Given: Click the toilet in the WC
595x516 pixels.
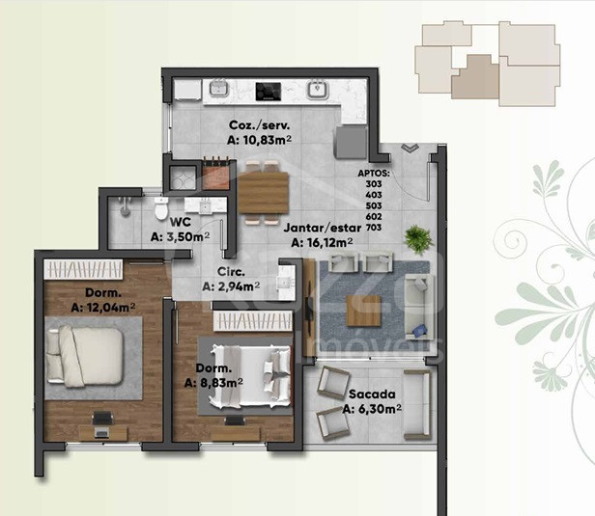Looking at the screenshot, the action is (x=161, y=207).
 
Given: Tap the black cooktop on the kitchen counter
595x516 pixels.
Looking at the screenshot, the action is (x=269, y=92).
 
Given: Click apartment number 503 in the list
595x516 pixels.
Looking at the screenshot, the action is (x=374, y=205).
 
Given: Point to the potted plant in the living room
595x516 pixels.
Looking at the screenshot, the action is (x=418, y=239).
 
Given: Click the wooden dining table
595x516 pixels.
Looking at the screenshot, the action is (x=264, y=192).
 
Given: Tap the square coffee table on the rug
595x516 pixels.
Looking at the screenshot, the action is (x=363, y=311).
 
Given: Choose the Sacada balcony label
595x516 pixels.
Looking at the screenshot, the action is (x=372, y=394).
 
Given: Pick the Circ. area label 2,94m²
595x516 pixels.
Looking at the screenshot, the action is (x=231, y=286).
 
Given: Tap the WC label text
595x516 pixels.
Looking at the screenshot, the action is (x=181, y=222).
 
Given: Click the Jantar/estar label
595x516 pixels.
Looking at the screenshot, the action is (x=323, y=228).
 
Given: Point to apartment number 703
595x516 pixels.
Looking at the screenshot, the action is (x=374, y=228).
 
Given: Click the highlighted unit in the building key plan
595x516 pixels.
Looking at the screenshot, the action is (x=475, y=77).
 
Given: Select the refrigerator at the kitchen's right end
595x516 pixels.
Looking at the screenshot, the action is (x=351, y=142).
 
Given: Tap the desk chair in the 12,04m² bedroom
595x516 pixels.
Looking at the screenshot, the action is (x=102, y=418).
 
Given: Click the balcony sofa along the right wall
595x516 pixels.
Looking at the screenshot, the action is (x=418, y=404).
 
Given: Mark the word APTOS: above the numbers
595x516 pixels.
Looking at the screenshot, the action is (x=374, y=174).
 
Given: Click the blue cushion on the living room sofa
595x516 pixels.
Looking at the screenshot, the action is (x=419, y=331).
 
